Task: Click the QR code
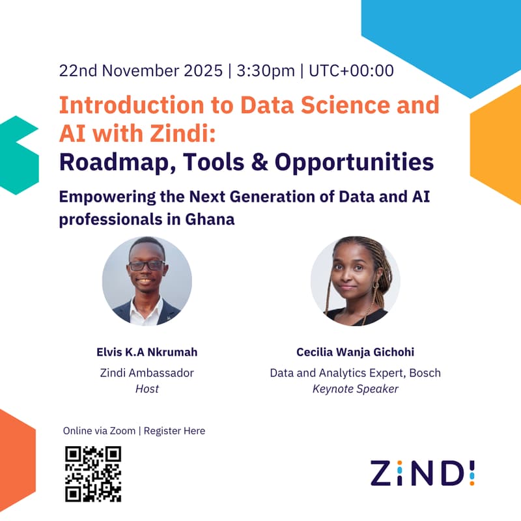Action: click(x=94, y=473)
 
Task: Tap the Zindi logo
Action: click(x=423, y=473)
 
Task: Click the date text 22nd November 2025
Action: click(x=141, y=70)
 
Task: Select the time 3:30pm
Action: click(x=266, y=70)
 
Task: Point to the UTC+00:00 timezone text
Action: click(x=351, y=70)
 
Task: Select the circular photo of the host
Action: click(x=147, y=281)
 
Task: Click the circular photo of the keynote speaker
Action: click(x=356, y=281)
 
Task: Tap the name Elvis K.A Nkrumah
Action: click(x=147, y=352)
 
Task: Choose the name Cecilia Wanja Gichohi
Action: click(x=355, y=352)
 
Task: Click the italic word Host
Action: click(x=147, y=389)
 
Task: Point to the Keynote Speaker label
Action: click(x=355, y=389)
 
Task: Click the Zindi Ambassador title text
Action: click(x=147, y=373)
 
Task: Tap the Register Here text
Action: click(x=175, y=430)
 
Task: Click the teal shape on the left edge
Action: click(x=18, y=155)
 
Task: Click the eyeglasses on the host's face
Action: click(x=147, y=265)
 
